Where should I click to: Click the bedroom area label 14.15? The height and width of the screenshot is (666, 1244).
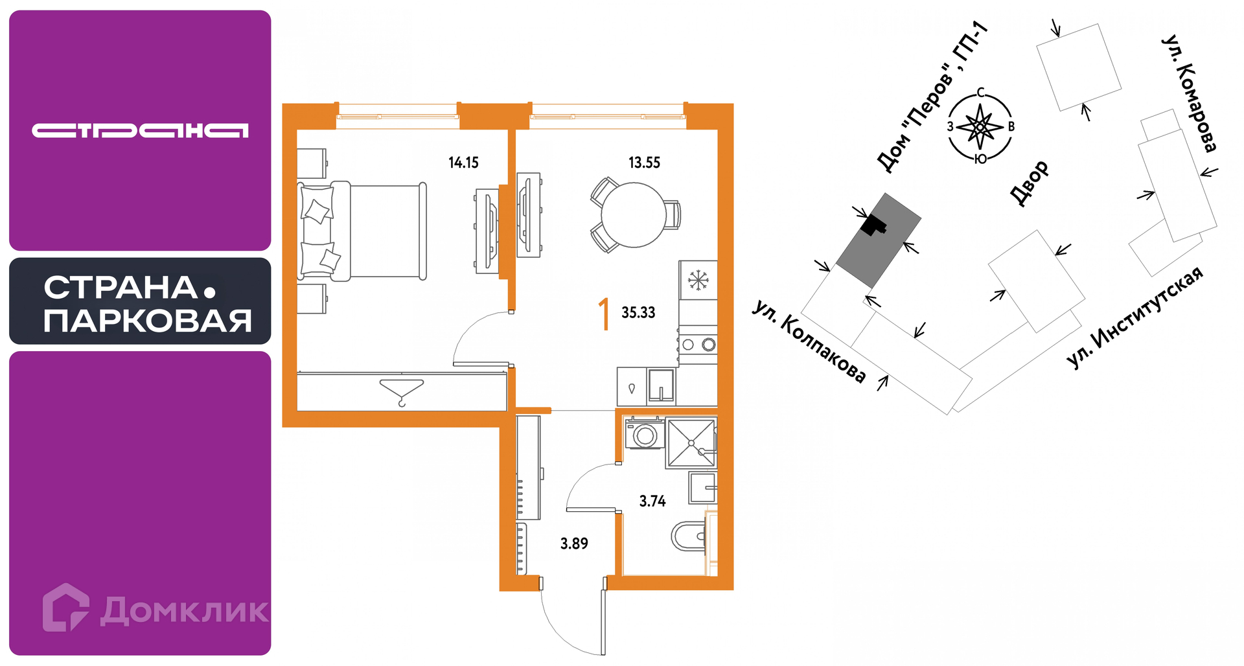click(463, 163)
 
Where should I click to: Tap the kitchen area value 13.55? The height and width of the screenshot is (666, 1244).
click(644, 163)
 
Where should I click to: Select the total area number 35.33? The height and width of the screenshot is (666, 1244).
click(638, 312)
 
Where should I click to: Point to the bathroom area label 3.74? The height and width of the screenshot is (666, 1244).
click(652, 501)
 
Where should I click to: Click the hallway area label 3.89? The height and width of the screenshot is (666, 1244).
click(574, 544)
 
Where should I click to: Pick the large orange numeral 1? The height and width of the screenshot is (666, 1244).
click(605, 314)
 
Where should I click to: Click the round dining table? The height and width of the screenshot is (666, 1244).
click(634, 214)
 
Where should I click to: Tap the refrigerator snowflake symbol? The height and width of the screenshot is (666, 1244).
click(698, 281)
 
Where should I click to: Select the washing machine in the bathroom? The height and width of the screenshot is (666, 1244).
click(644, 433)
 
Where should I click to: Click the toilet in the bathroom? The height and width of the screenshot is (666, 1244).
click(688, 536)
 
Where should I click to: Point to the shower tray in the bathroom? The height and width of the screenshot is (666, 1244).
click(691, 443)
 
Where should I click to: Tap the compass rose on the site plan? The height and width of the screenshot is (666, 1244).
click(980, 126)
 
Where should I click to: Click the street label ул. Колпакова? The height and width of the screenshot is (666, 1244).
click(810, 341)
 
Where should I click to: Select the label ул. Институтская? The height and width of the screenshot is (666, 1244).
click(1135, 317)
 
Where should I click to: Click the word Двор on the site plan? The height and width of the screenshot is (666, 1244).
click(1029, 183)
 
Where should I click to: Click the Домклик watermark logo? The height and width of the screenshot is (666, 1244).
click(155, 608)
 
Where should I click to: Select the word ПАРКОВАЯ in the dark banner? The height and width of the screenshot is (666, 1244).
click(148, 321)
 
